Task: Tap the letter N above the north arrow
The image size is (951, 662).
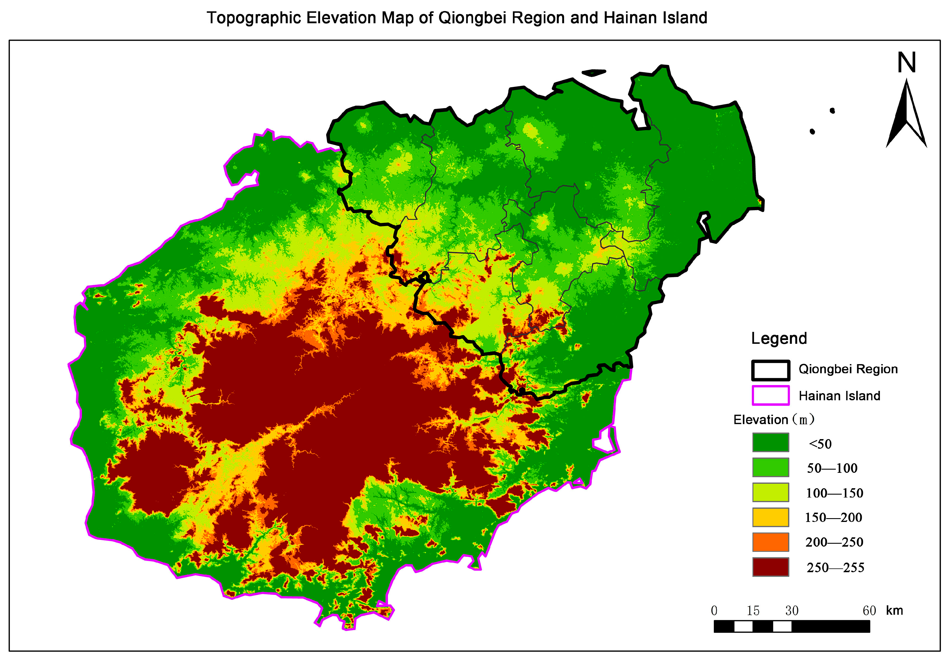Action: [906, 63]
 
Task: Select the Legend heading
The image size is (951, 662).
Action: [779, 339]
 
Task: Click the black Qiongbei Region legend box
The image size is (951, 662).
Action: [771, 370]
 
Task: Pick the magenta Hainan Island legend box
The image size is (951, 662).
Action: [771, 395]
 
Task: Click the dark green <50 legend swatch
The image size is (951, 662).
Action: [771, 442]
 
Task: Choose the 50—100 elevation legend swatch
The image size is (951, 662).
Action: [771, 467]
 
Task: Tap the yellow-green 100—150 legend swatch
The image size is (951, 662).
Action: [771, 492]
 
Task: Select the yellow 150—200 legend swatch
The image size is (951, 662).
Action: [771, 517]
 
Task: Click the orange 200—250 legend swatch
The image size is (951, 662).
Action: [771, 542]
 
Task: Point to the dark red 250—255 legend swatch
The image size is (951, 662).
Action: [771, 567]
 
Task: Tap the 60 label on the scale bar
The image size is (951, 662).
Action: [869, 611]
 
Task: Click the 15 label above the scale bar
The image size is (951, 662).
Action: [753, 611]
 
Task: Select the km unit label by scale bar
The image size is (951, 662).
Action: [894, 610]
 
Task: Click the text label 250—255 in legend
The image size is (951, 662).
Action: [835, 568]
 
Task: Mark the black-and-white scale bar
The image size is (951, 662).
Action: [791, 626]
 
